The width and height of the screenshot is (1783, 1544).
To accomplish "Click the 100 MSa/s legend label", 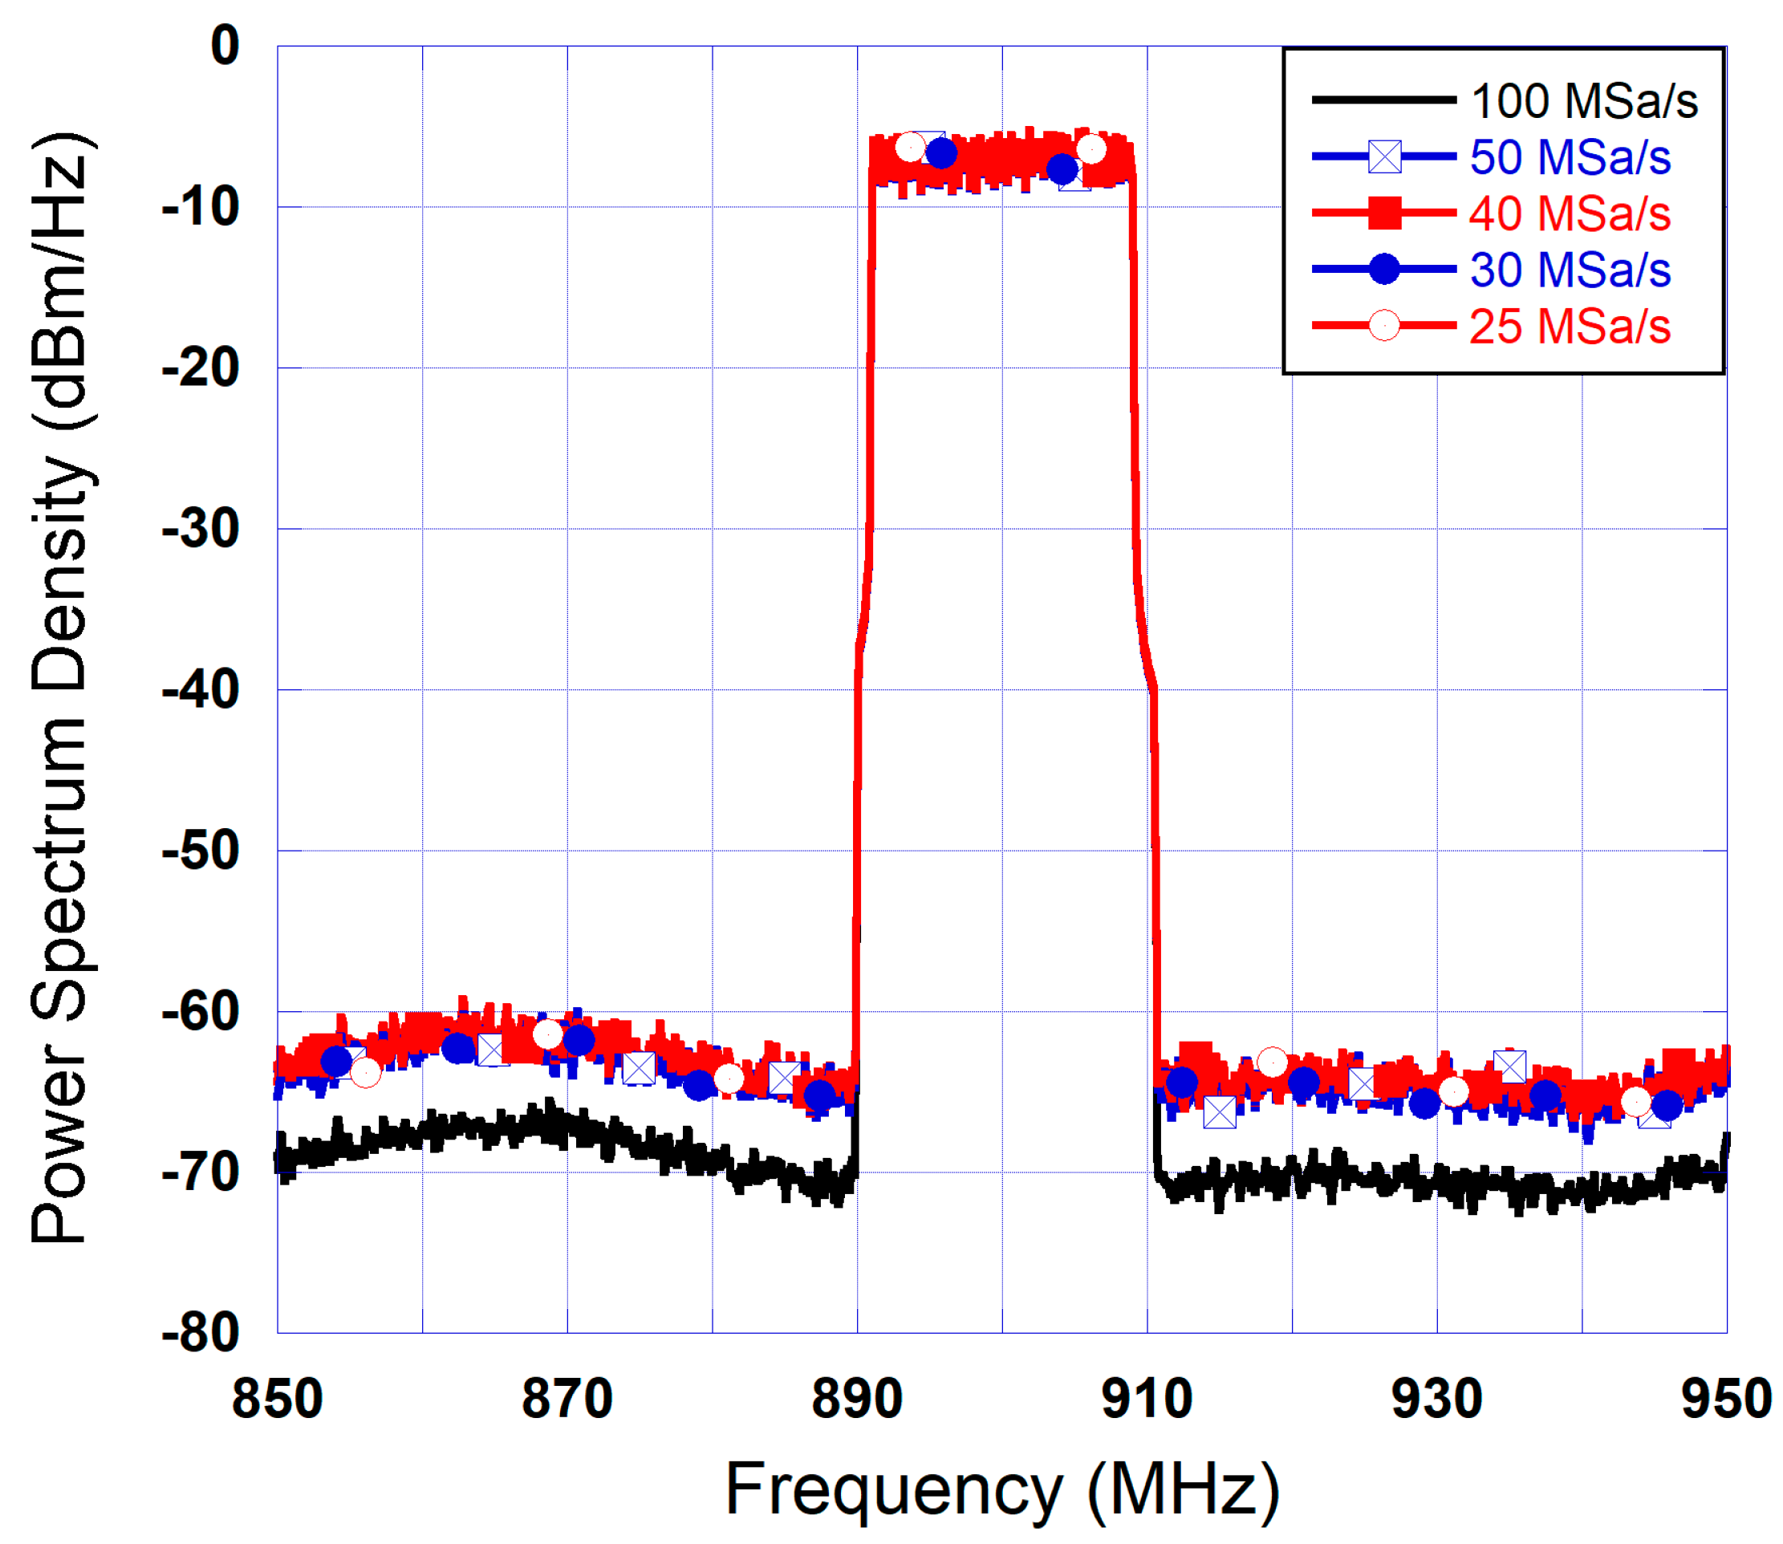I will [x=1583, y=102].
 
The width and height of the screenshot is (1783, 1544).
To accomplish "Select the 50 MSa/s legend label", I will [x=1570, y=157].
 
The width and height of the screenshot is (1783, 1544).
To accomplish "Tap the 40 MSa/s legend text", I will [x=1570, y=213].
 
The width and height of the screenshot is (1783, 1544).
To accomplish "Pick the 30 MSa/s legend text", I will [x=1570, y=270].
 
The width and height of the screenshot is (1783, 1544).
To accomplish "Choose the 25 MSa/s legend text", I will [x=1570, y=327].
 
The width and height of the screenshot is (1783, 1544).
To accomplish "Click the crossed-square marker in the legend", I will [x=1384, y=156].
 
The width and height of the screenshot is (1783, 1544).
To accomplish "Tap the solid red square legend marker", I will [x=1384, y=213].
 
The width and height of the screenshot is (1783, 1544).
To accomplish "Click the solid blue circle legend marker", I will [x=1384, y=269].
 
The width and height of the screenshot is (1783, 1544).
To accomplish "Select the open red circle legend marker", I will [x=1384, y=326].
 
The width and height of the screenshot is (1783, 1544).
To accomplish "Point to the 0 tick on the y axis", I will [x=225, y=46].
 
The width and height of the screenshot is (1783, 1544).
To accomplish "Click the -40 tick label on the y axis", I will [x=201, y=691].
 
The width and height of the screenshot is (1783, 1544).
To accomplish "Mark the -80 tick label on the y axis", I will [x=201, y=1335].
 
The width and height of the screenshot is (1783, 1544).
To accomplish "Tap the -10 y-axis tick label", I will [x=201, y=208].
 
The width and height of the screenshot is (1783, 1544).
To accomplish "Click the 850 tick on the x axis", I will [x=278, y=1400].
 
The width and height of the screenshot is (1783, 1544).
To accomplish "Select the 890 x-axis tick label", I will [x=857, y=1400].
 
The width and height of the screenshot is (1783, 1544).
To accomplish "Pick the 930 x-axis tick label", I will [x=1436, y=1400].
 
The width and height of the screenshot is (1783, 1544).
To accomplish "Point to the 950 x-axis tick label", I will [x=1725, y=1400].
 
